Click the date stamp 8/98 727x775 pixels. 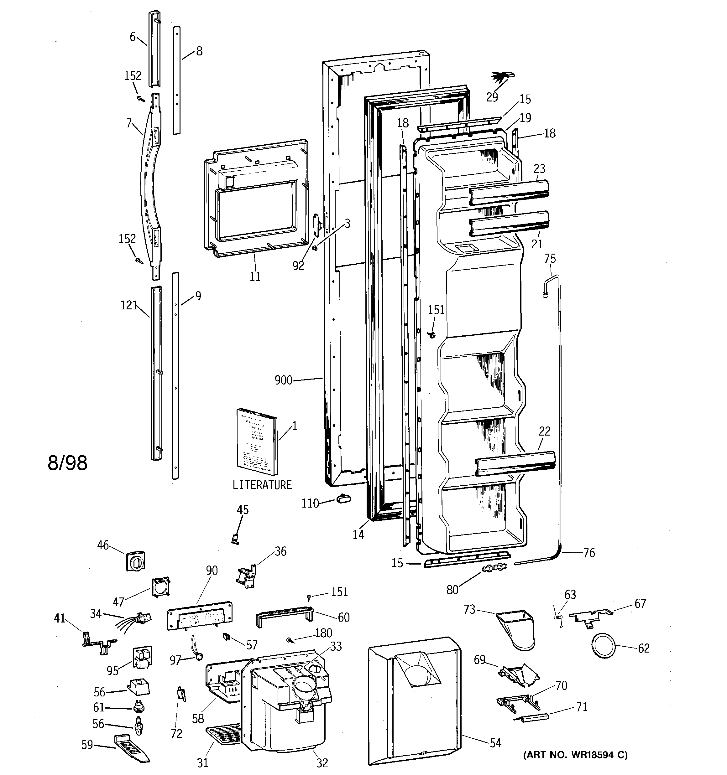point(67,463)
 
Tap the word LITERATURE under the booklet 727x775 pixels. point(262,485)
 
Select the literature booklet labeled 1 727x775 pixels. point(257,442)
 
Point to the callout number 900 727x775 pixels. point(283,380)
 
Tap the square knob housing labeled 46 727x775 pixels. point(135,561)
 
